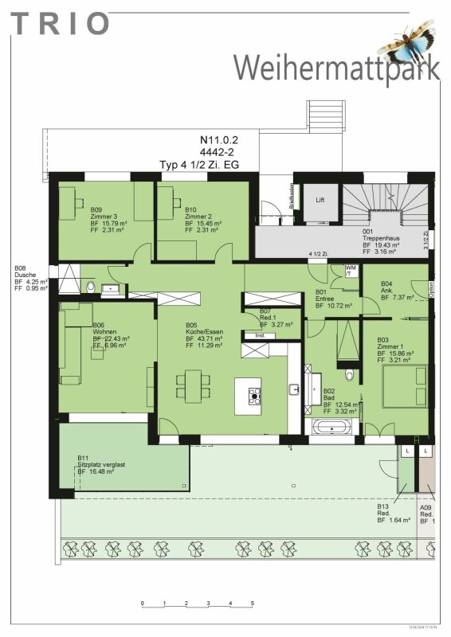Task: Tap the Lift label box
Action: (320, 200)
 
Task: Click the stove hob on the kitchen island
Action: (255, 394)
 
